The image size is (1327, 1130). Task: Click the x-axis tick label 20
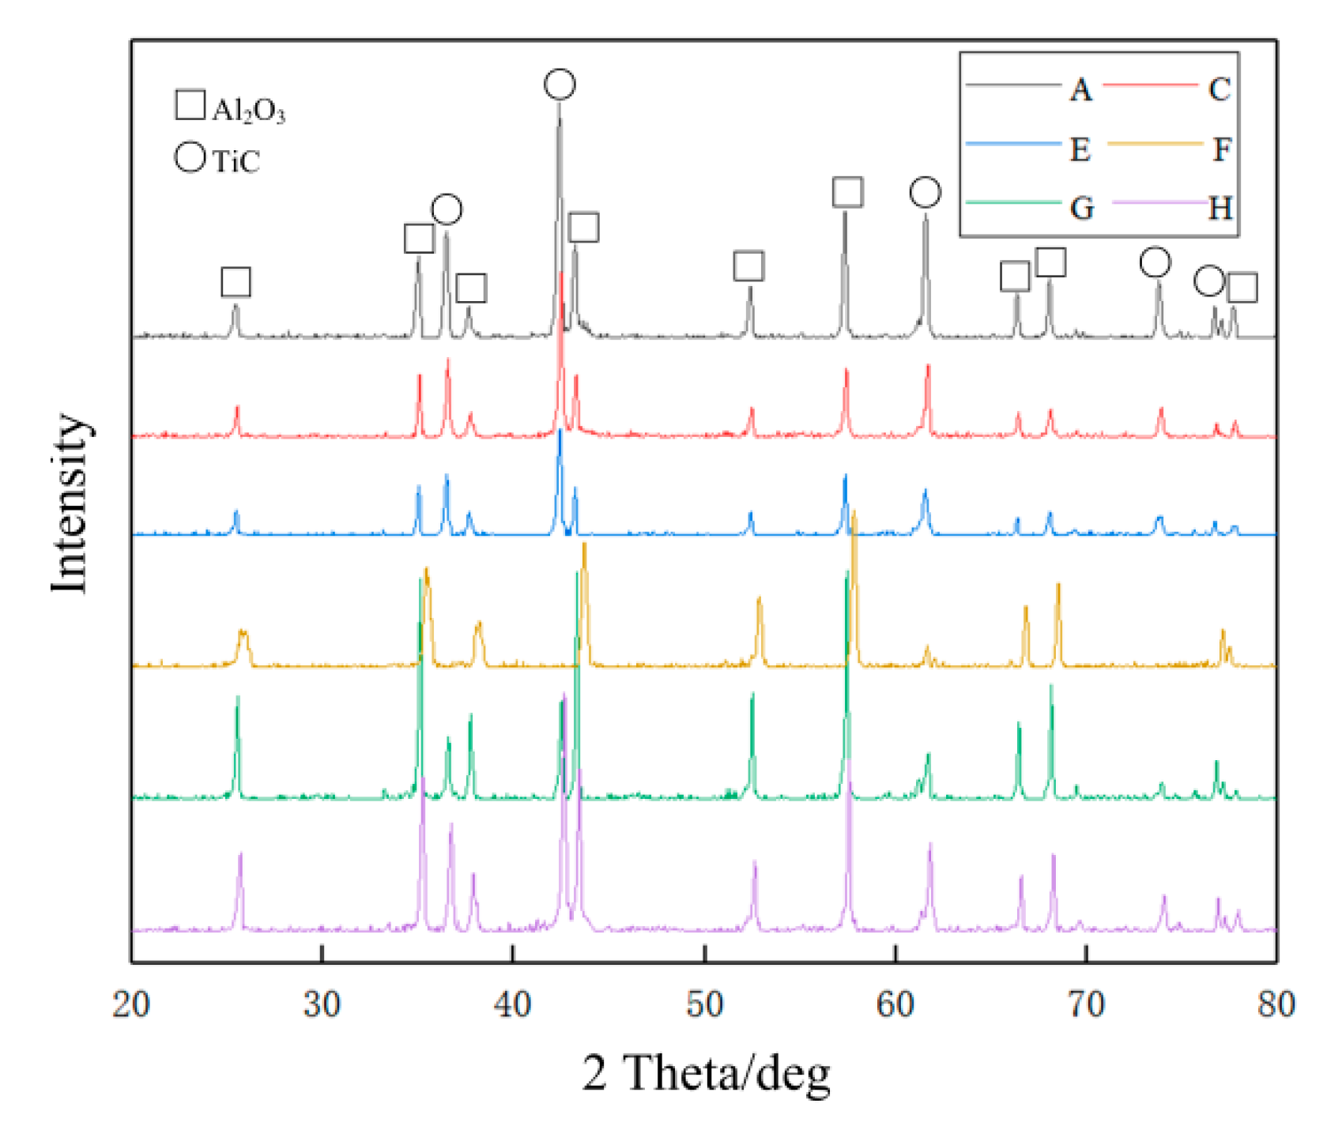pyautogui.click(x=130, y=1005)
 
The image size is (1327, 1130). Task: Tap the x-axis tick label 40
pyautogui.click(x=512, y=1005)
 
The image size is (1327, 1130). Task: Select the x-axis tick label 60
pyautogui.click(x=895, y=1005)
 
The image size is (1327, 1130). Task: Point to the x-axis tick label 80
pyautogui.click(x=1276, y=1005)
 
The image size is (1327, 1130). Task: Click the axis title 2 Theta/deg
pyautogui.click(x=706, y=1073)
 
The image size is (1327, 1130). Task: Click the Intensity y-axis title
pyautogui.click(x=70, y=503)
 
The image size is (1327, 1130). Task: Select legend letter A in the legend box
pyautogui.click(x=1080, y=89)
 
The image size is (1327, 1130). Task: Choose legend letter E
pyautogui.click(x=1080, y=149)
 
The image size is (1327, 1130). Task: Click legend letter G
pyautogui.click(x=1081, y=209)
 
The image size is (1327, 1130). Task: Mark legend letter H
pyautogui.click(x=1220, y=209)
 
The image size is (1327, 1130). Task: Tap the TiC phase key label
pyautogui.click(x=236, y=161)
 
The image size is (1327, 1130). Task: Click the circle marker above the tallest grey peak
pyautogui.click(x=560, y=85)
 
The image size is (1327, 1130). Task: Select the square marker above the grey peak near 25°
pyautogui.click(x=236, y=282)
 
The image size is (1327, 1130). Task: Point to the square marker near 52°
pyautogui.click(x=748, y=266)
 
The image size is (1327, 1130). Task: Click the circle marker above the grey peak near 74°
pyautogui.click(x=1155, y=262)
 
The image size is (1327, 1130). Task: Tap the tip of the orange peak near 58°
pyautogui.click(x=854, y=514)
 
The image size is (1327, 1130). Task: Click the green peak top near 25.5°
pyautogui.click(x=237, y=698)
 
